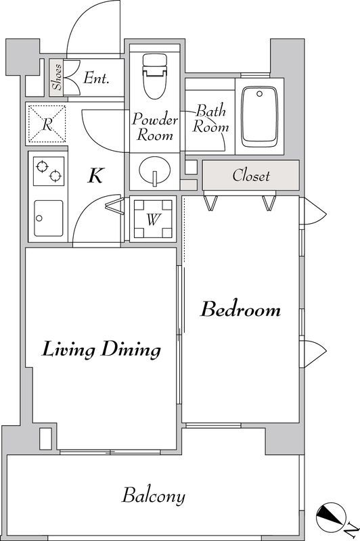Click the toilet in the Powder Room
coord(154,76)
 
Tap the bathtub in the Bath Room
coord(260,116)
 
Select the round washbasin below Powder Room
coord(155,170)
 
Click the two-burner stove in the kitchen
coord(49,171)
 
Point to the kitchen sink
coord(49,218)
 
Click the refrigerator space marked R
coord(47,124)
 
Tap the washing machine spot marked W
coord(153,218)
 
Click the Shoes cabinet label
coord(57,76)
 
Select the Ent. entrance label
coord(96,78)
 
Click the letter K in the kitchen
coord(95,175)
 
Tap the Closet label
coord(251,175)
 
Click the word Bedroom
coord(241,309)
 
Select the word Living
coord(69,350)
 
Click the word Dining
coord(131,350)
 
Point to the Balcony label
coord(154,496)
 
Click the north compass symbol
coord(332,517)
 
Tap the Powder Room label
coord(155,126)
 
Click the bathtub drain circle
coord(259,94)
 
